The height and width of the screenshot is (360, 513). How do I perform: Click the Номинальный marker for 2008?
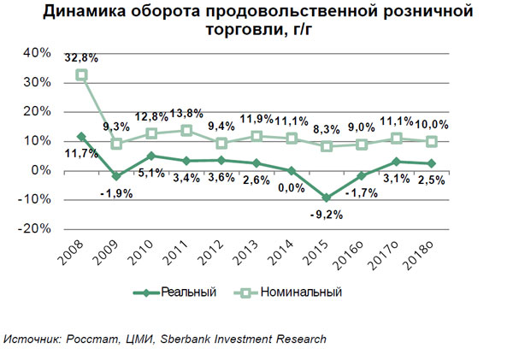[82, 75]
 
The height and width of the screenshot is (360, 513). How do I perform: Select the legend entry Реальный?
[192, 292]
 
